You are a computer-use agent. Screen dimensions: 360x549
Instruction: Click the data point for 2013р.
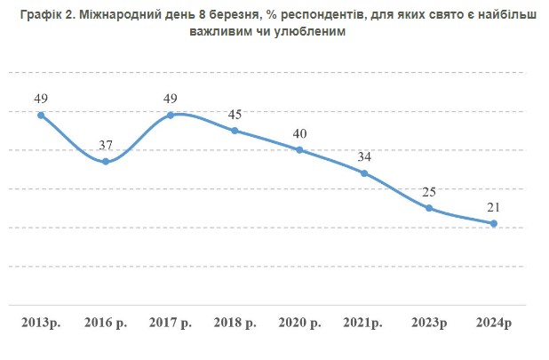(x=41, y=115)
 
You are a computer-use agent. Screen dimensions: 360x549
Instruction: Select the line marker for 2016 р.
(x=106, y=161)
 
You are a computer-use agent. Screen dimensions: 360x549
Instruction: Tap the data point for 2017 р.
(x=171, y=115)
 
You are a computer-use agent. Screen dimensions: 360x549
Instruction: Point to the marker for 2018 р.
(x=235, y=131)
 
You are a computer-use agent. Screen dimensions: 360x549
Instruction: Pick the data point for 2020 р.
(x=299, y=149)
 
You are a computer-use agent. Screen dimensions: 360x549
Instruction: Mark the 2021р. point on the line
(x=364, y=172)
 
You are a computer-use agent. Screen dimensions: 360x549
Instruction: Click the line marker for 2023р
(x=429, y=208)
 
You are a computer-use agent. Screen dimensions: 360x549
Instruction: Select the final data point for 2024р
(x=494, y=223)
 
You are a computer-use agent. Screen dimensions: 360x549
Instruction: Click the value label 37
(x=106, y=144)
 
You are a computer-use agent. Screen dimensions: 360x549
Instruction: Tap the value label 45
(x=235, y=114)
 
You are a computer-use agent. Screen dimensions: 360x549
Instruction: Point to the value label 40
(x=299, y=133)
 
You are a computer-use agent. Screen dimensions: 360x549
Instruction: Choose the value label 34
(x=364, y=156)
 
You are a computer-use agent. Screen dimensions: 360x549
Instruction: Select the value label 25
(x=429, y=192)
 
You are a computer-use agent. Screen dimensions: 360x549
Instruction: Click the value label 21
(x=494, y=207)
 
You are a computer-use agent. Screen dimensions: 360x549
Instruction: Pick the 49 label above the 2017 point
(x=171, y=98)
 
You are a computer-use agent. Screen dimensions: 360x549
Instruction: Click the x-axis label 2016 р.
(x=106, y=320)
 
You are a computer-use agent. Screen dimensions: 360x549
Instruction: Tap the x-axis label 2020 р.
(x=299, y=320)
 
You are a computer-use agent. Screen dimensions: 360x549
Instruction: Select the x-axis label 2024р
(x=494, y=320)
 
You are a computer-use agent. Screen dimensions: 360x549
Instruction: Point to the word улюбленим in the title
(x=300, y=31)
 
